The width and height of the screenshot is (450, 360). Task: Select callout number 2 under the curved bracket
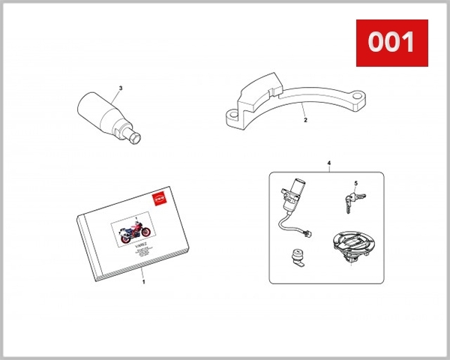(x=304, y=119)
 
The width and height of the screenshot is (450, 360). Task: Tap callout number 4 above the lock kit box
(x=328, y=163)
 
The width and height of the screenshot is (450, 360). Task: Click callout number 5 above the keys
(x=355, y=183)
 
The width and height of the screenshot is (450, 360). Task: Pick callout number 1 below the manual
(x=143, y=283)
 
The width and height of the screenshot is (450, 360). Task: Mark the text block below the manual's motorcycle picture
(x=141, y=253)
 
